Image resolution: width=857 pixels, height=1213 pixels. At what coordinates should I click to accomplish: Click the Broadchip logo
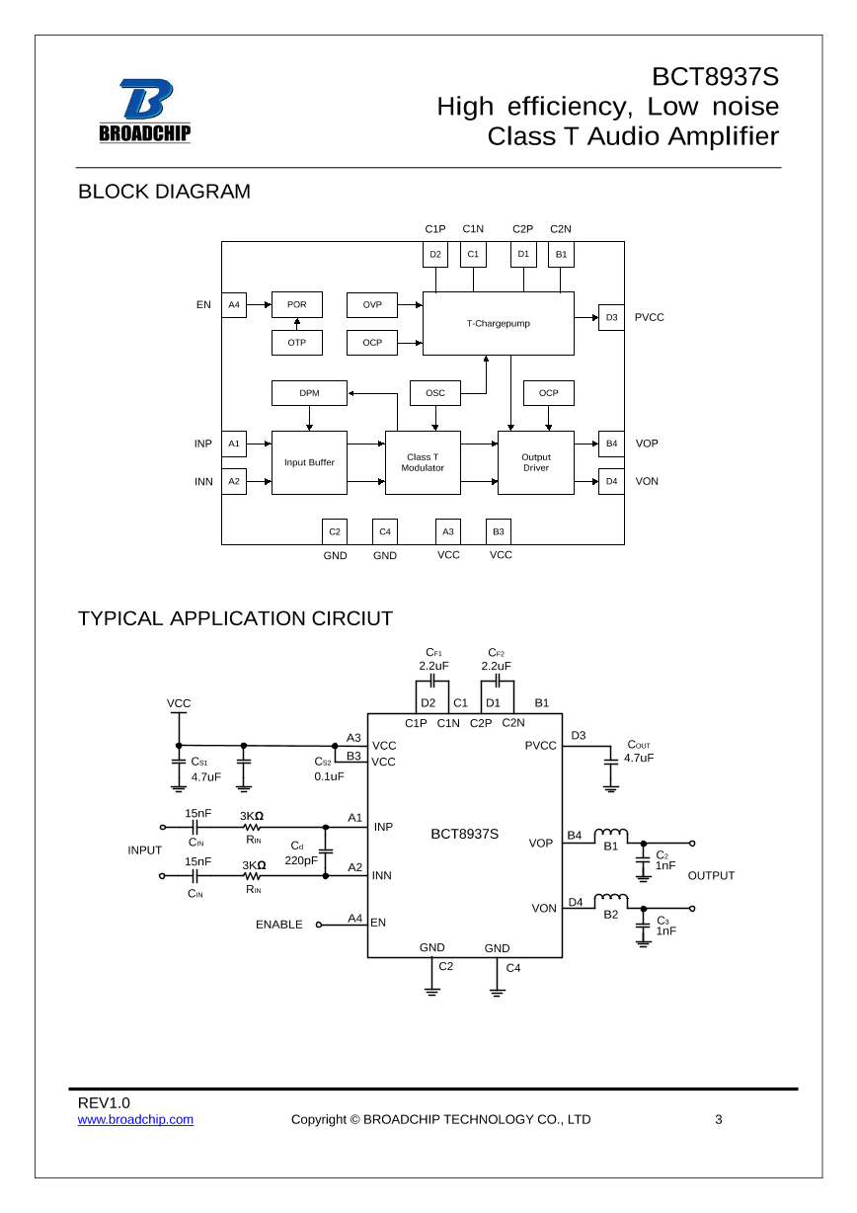[144, 111]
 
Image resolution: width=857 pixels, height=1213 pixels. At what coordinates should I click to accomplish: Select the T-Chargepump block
[498, 323]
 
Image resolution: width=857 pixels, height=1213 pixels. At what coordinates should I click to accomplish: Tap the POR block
[297, 305]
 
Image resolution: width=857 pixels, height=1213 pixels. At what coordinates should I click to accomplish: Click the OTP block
[297, 343]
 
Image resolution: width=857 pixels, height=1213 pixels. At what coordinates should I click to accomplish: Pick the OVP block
[372, 305]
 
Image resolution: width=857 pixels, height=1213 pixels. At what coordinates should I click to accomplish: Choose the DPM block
[309, 393]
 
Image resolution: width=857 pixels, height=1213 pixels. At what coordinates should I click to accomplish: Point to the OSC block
[435, 393]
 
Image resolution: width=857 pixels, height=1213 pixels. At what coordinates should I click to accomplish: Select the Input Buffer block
[309, 462]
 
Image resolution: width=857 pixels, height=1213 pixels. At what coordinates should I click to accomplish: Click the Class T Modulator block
[423, 462]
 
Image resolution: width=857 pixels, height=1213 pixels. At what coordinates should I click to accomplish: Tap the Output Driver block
[536, 462]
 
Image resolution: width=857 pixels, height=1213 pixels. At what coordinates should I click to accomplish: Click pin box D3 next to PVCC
[611, 317]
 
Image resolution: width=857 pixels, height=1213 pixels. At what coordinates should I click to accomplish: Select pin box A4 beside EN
[234, 305]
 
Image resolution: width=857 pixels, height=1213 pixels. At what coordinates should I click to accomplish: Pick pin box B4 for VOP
[611, 444]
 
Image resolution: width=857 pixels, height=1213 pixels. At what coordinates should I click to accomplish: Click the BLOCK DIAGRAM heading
[164, 192]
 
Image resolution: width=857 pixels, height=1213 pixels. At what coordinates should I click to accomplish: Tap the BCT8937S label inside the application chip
[464, 834]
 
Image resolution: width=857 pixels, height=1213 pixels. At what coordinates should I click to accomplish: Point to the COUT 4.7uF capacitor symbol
[610, 759]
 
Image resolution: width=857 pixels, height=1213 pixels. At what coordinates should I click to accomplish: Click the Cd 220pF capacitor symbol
[326, 850]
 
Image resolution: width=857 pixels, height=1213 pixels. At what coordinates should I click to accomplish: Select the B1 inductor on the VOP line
[611, 833]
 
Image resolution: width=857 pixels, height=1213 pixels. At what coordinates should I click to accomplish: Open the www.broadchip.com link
[135, 1119]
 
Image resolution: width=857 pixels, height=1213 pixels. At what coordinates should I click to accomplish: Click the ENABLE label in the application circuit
[279, 925]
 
